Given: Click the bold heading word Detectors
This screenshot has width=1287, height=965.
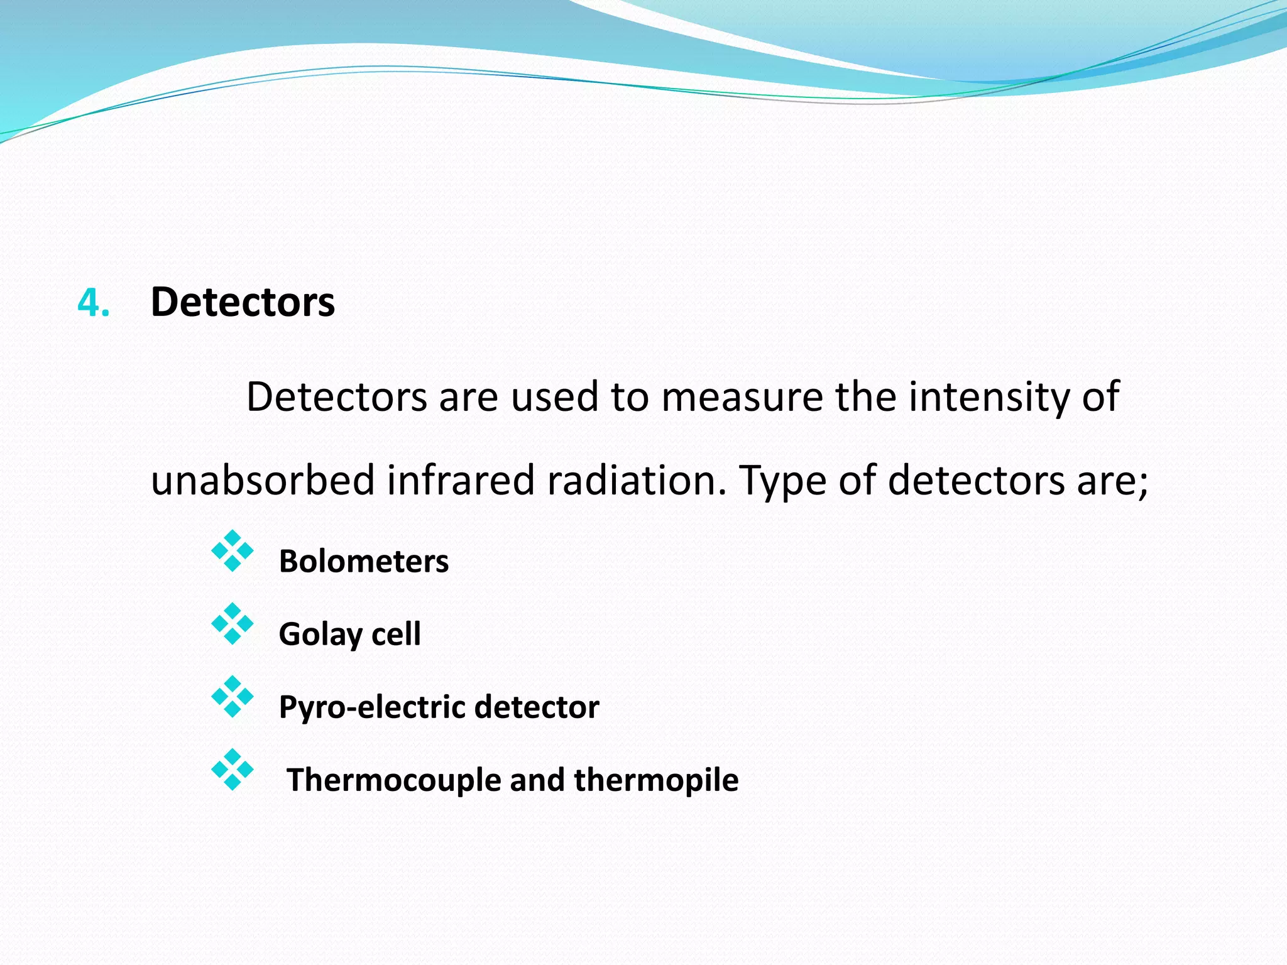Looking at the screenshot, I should pos(243,302).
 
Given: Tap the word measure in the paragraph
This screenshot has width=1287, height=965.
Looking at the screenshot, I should pos(742,397).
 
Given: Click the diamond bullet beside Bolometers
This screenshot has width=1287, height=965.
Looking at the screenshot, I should pos(233,551).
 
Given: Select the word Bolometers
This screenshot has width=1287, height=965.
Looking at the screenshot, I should pos(364,561).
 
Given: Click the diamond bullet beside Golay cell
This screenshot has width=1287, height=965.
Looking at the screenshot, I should pos(233,624).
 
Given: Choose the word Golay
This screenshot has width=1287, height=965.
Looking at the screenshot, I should pos(319,635).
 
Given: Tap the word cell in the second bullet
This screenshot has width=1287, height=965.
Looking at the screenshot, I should pos(396,634).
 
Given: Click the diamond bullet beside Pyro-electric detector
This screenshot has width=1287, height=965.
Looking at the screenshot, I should pos(233,697).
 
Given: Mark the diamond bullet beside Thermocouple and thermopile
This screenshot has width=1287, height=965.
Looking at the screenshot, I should pos(233,770).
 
